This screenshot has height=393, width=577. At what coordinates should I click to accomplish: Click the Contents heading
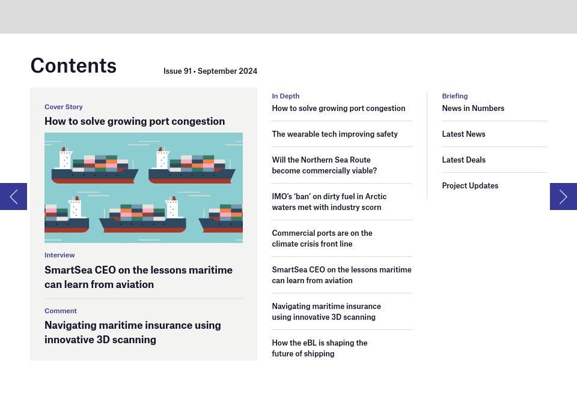[73, 65]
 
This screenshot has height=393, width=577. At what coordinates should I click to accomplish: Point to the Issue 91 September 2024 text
[210, 71]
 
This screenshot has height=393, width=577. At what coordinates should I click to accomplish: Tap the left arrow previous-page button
[13, 196]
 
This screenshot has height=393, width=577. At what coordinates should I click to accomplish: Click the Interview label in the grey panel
[60, 255]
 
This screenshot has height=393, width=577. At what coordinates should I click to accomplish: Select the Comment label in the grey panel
[61, 311]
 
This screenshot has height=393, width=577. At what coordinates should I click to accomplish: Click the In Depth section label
[285, 96]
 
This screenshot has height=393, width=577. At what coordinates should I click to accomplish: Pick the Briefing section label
[454, 96]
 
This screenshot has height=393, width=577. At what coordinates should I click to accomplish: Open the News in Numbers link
[473, 109]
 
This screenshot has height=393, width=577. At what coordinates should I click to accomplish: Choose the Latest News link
[463, 134]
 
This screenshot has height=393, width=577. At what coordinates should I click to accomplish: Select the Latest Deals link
[463, 160]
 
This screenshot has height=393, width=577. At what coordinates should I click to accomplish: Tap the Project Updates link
[470, 186]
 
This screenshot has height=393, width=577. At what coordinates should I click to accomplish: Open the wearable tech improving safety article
[335, 134]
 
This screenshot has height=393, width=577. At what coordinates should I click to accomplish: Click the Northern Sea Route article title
[324, 165]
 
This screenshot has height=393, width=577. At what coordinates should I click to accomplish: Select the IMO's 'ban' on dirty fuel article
[329, 202]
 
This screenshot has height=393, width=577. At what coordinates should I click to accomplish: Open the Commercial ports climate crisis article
[322, 238]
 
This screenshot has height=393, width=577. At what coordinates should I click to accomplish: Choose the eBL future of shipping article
[319, 348]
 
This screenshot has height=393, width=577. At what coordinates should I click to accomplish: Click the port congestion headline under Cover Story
[135, 121]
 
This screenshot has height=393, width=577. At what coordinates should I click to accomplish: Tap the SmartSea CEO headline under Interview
[138, 277]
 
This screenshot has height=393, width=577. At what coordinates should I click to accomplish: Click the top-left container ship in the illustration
[94, 167]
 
